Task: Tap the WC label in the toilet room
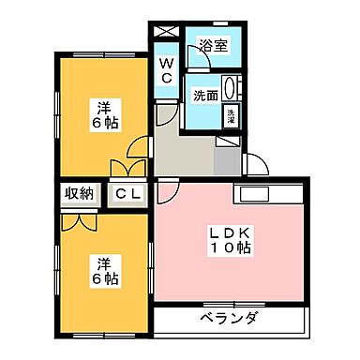pyautogui.click(x=166, y=70)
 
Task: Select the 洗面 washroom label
pyautogui.click(x=206, y=95)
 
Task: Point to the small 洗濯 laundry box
pyautogui.click(x=231, y=116)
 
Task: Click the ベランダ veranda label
pyautogui.click(x=229, y=320)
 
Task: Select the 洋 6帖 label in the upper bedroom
pyautogui.click(x=104, y=113)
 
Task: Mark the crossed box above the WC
pyautogui.click(x=165, y=31)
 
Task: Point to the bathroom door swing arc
pyautogui.click(x=193, y=69)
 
